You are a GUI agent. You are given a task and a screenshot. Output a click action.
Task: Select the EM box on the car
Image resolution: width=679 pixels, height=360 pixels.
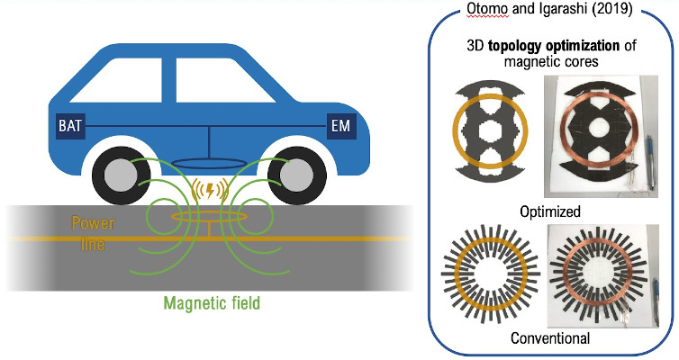point(340,123)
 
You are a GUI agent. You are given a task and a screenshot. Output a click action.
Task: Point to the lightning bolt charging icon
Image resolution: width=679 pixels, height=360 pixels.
point(209,191)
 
